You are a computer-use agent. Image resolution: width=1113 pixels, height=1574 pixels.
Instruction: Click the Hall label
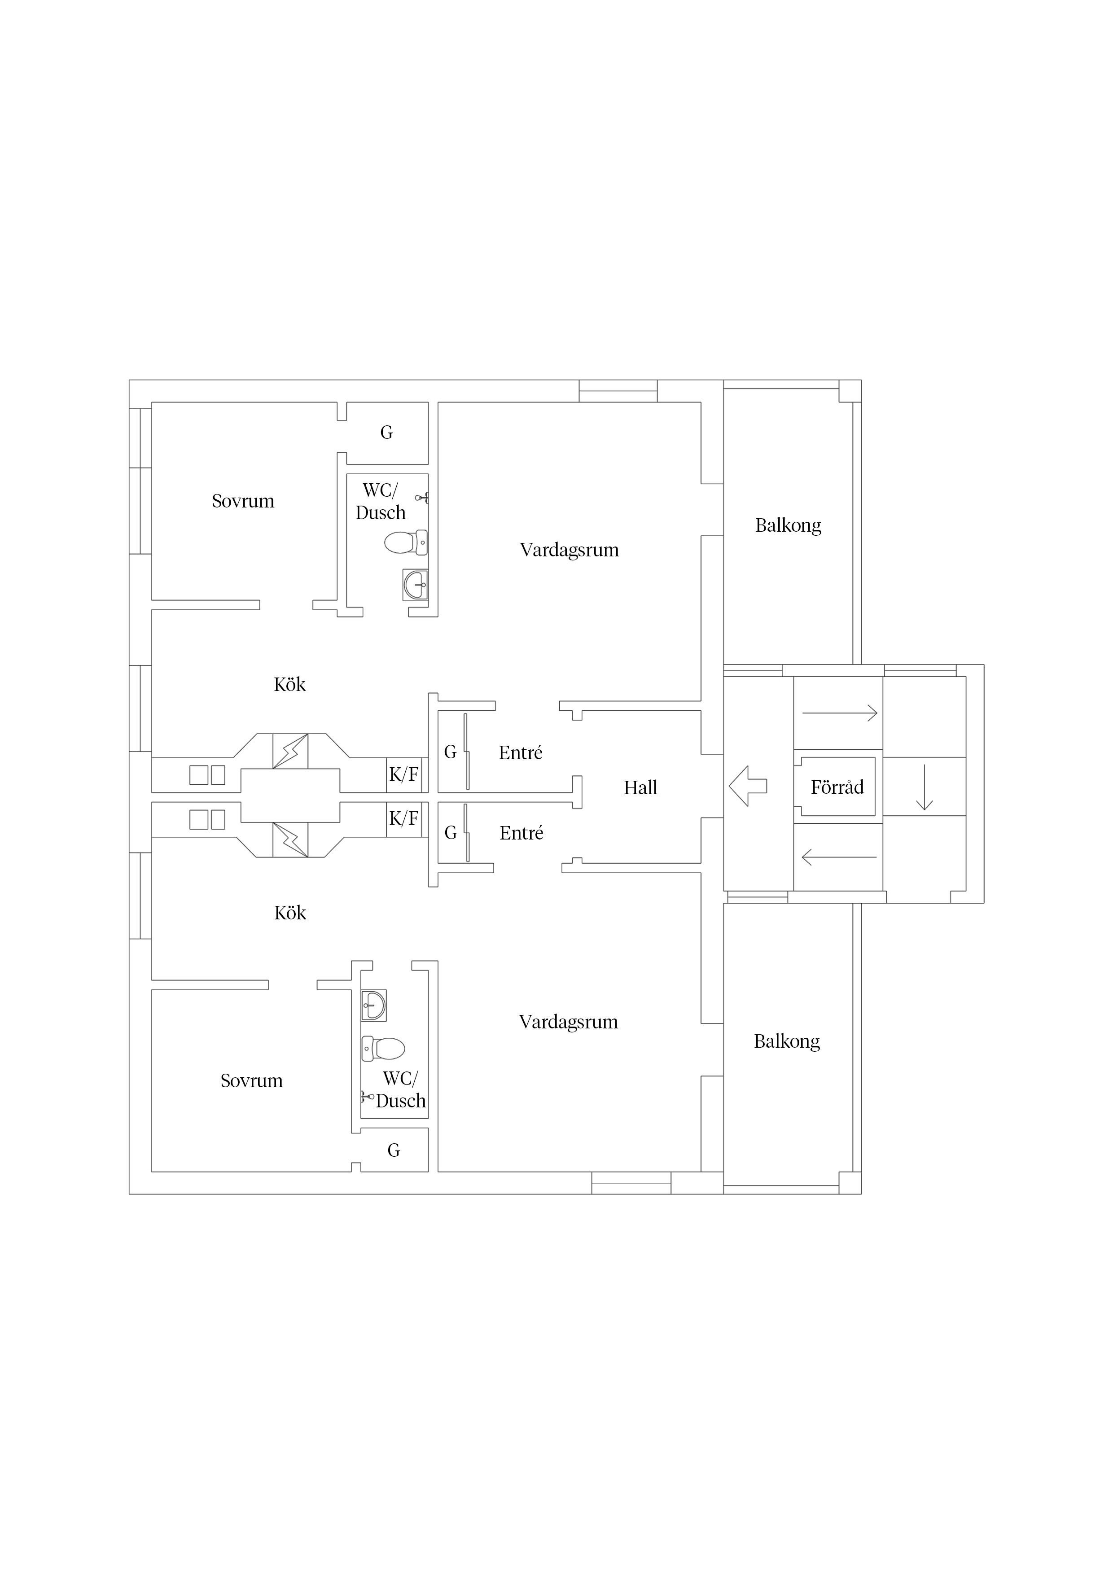[x=640, y=788]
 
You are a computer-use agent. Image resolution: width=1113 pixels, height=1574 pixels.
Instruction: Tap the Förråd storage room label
[x=837, y=787]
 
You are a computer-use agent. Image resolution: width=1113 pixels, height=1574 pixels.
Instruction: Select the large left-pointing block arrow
[x=748, y=786]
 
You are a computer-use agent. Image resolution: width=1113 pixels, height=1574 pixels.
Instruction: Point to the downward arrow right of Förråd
[x=925, y=787]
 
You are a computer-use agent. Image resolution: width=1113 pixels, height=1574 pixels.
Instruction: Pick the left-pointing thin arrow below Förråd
[x=839, y=857]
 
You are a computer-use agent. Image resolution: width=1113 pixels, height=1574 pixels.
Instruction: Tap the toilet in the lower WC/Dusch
[x=383, y=1048]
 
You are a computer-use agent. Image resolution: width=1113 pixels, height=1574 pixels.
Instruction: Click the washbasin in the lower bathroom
[x=374, y=1005]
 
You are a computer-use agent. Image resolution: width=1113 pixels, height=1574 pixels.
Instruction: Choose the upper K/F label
[x=404, y=774]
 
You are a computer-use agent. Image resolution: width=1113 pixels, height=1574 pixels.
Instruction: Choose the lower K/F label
[x=404, y=818]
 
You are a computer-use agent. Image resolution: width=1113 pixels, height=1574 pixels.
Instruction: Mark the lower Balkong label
[x=787, y=1042]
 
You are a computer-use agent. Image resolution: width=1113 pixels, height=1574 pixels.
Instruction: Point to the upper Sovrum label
[x=243, y=501]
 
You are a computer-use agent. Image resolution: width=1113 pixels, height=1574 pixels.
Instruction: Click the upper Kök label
[x=289, y=684]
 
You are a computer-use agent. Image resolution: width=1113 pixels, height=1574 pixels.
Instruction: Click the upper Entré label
[x=521, y=753]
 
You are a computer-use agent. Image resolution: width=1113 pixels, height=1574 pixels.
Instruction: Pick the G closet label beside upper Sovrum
[x=387, y=433]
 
